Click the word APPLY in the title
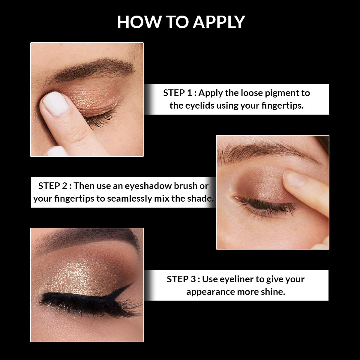[x=219, y=22]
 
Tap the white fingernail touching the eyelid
[x=55, y=103]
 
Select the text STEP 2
[x=53, y=186]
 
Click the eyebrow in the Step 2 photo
[x=264, y=150]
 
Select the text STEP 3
[x=181, y=279]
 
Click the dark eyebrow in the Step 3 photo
[x=90, y=237]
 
